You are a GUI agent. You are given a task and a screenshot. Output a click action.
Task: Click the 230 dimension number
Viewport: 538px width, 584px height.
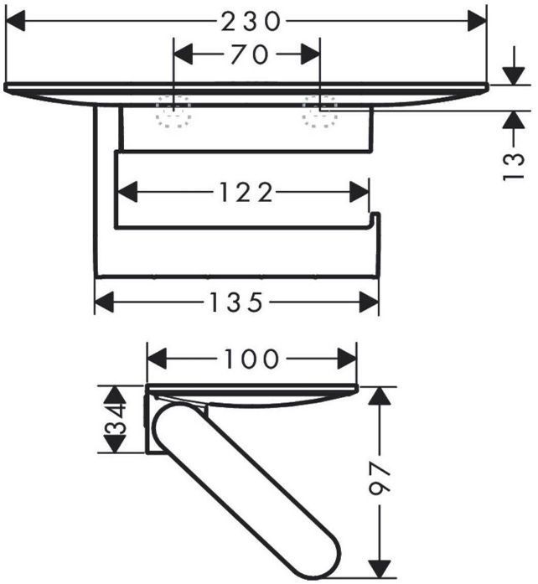(251, 22)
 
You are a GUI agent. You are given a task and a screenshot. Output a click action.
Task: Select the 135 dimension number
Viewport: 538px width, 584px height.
(237, 302)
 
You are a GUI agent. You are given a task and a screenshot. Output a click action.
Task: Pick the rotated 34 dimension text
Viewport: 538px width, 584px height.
(115, 420)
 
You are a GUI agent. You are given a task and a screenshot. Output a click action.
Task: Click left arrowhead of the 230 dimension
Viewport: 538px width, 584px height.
(15, 22)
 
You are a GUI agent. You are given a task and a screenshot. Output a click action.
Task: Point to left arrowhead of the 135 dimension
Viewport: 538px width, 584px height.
(103, 302)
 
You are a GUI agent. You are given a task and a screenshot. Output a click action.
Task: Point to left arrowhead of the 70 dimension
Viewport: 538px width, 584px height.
(182, 55)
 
